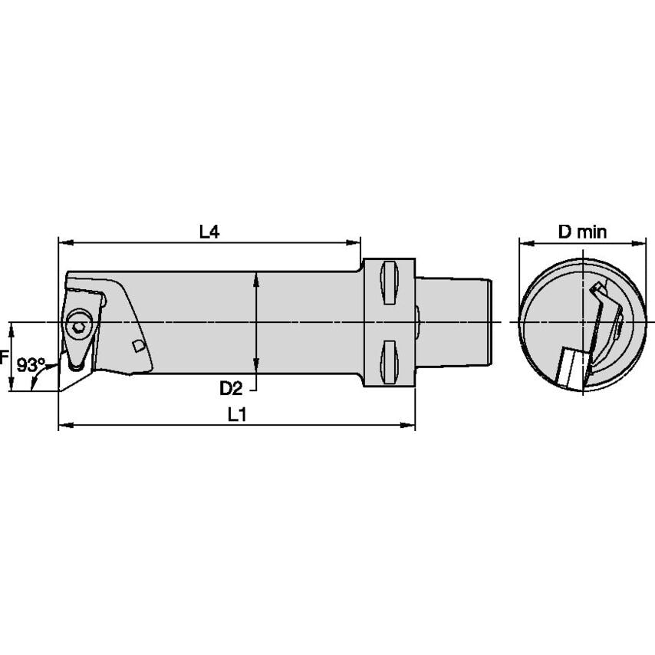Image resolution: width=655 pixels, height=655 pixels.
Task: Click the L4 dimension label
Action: coord(209,232)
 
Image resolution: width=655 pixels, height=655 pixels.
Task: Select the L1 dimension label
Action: coord(237,414)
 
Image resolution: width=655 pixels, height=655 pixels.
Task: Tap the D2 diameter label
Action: coord(232,388)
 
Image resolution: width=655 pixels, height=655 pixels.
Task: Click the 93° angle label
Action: coord(31,364)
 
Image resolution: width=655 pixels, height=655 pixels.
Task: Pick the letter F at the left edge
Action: coord(4,357)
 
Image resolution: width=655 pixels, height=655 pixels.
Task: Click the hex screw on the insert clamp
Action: coord(78,327)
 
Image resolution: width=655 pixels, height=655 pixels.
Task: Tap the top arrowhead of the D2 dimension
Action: coord(256,276)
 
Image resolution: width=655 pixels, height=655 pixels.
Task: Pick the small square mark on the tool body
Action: coord(138,347)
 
